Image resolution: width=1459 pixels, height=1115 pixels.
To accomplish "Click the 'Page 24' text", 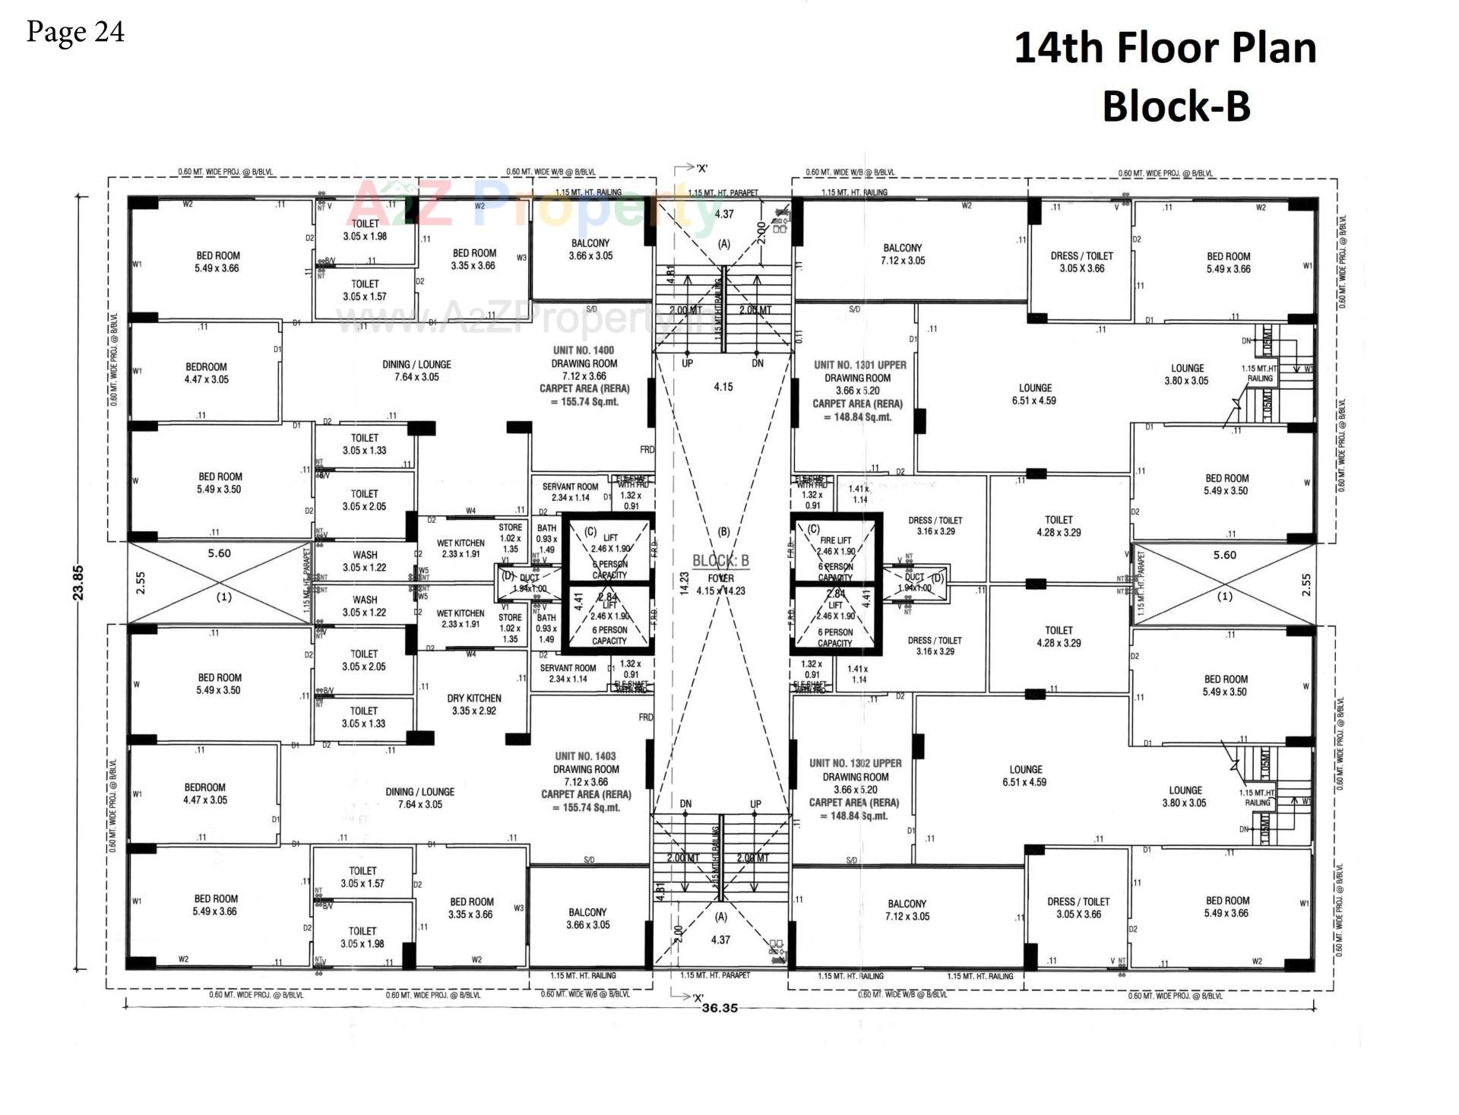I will pos(75,32).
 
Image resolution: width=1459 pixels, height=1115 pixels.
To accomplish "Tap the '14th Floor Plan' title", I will pos(1164,48).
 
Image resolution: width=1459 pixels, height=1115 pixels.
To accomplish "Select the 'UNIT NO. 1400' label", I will pos(584,350).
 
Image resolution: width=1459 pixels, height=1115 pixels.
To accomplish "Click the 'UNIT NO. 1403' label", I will pos(585,756).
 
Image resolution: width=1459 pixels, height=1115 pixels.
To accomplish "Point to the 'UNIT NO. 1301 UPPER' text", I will pos(859,365).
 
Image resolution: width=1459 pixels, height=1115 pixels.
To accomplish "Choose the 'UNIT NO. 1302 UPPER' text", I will pos(855,763).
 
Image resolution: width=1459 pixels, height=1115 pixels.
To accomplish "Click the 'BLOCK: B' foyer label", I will pos(720,561).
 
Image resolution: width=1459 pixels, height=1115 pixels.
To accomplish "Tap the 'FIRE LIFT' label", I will pos(835,540).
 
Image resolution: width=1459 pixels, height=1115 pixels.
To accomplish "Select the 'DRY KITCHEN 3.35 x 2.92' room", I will pos(473,704).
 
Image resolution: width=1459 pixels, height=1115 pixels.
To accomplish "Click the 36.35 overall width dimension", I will pos(720,1009).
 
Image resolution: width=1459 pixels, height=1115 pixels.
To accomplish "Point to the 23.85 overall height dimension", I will pos(79,583).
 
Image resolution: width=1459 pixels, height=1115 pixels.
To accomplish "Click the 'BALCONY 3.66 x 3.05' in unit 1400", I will pos(590,249).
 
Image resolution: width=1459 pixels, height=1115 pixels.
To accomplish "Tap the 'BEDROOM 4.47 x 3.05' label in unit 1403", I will pos(204,793).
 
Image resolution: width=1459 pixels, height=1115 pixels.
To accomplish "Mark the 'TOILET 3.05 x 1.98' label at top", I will pos(365,230).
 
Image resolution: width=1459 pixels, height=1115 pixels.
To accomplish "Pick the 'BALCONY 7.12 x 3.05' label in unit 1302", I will pos(907,910).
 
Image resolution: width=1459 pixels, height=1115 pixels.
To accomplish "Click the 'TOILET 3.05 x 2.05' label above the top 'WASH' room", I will pos(364,500).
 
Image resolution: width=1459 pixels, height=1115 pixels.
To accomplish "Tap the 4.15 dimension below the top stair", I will pos(723,387).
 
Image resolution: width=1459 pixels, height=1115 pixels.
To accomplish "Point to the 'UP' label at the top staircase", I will pos(687,363).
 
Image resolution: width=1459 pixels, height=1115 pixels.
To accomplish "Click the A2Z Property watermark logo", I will pos(532,204).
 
